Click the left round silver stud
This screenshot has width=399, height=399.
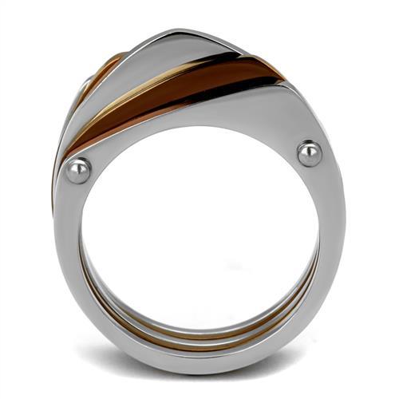pos(78,170)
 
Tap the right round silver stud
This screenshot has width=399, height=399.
pos(310,152)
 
